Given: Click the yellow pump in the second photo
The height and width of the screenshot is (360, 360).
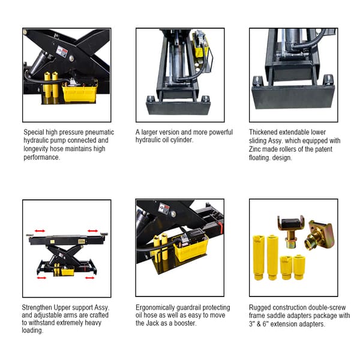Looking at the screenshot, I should coord(199,44).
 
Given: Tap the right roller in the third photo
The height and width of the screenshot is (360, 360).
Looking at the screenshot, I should coord(328,80).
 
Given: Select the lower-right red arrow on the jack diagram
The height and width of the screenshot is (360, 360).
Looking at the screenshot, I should coord(89,277).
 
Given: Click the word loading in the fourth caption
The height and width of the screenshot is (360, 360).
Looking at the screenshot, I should coord(33,330).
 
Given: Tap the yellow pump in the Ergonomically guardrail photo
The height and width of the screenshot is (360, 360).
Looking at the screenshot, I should coord(190,248).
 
